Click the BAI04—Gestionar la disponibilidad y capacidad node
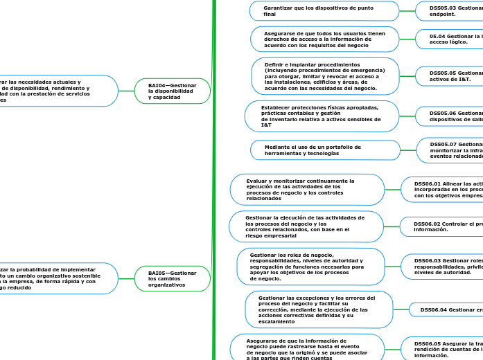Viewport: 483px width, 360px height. [173, 91]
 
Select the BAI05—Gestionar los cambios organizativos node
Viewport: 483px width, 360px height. [173, 278]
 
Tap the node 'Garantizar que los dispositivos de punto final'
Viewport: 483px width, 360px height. [324, 11]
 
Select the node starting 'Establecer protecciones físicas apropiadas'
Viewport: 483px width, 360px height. [322, 116]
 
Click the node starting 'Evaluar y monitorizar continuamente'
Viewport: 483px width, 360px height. [306, 190]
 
